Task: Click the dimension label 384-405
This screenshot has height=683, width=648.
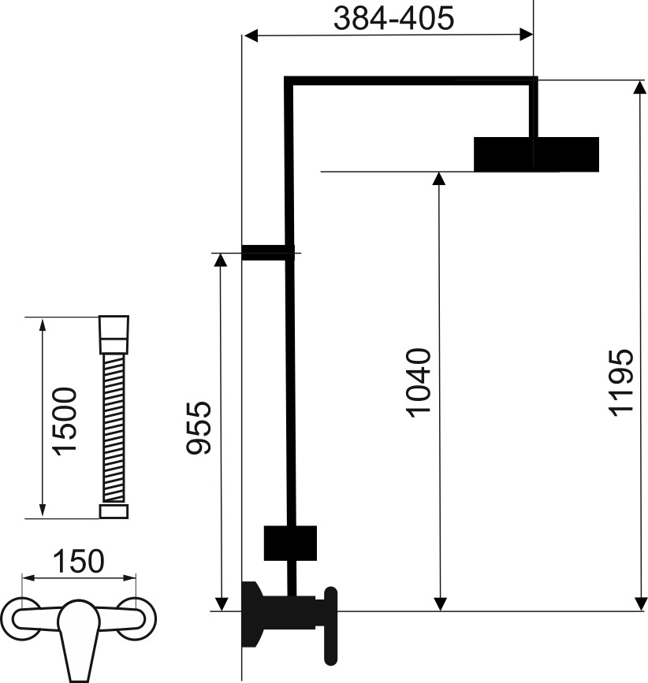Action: tap(393, 18)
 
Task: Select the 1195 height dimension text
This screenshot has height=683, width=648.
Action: tap(621, 382)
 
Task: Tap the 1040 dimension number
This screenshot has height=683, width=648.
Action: tap(419, 382)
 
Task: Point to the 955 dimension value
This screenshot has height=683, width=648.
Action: tap(199, 428)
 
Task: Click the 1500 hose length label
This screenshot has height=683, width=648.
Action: tap(65, 421)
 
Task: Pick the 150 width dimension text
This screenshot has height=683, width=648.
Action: tap(79, 561)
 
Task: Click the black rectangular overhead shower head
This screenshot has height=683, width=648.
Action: tap(536, 154)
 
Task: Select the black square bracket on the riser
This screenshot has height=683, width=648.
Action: tap(290, 543)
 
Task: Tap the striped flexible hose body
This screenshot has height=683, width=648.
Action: tap(114, 429)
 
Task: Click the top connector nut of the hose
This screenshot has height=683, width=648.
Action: tap(114, 335)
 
